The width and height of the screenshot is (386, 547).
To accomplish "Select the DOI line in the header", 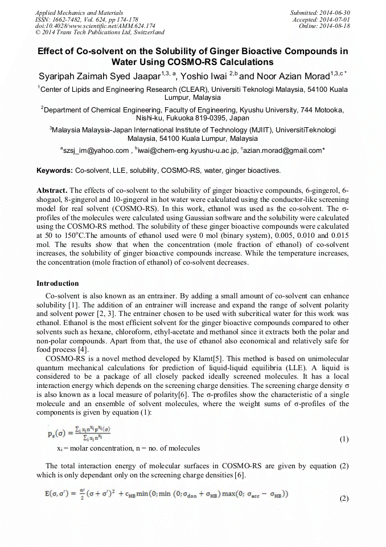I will (x=95, y=26).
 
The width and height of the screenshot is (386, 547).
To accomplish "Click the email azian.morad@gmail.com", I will (x=282, y=151).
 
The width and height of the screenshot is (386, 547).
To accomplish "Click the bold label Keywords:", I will (x=55, y=170).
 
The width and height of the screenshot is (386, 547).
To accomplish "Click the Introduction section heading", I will (x=58, y=283).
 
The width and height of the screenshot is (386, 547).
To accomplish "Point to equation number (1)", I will (x=343, y=439).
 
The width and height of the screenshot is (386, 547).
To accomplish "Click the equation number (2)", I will (x=343, y=499).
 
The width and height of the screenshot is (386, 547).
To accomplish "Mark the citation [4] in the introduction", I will (x=83, y=349).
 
